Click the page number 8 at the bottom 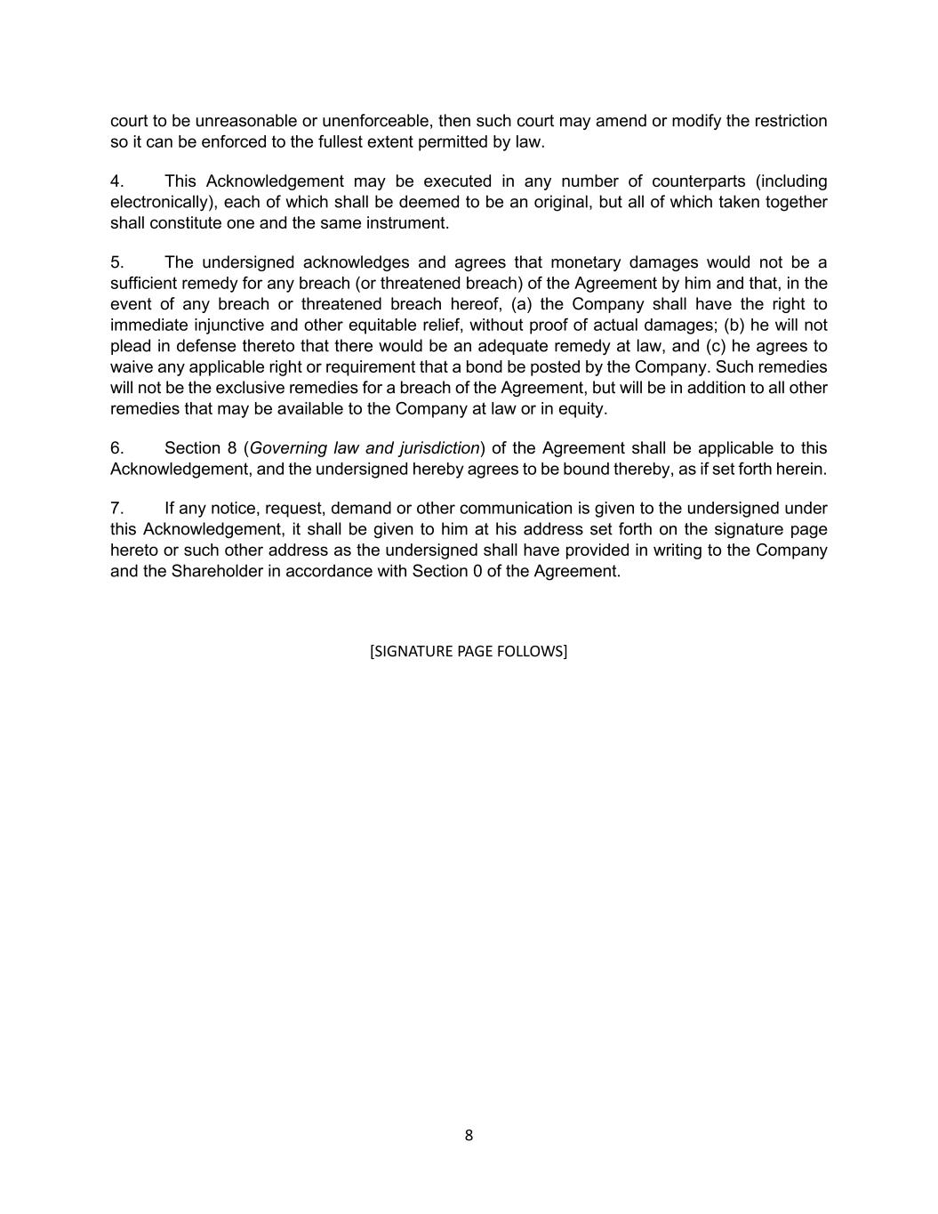coord(469,1135)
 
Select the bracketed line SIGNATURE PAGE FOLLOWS coord(469,651)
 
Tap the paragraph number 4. coord(116,181)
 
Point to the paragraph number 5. coord(116,262)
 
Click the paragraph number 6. coord(116,448)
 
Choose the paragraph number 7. coord(116,509)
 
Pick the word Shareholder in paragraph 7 coord(212,571)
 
